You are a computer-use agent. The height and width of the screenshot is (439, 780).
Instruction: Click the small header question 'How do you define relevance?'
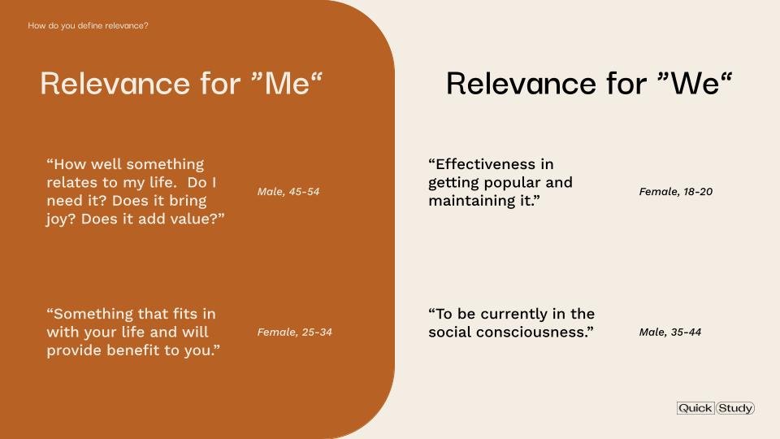pyautogui.click(x=88, y=25)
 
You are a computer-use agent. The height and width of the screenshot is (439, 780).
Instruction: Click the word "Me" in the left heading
pyautogui.click(x=288, y=83)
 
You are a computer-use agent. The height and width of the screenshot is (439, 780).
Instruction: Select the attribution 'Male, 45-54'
pyautogui.click(x=288, y=192)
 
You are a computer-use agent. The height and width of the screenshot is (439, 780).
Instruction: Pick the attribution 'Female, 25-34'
pyautogui.click(x=294, y=332)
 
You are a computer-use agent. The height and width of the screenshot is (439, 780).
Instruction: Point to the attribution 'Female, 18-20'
pyautogui.click(x=675, y=192)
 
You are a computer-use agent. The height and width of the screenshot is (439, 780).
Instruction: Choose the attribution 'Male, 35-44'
pyautogui.click(x=669, y=332)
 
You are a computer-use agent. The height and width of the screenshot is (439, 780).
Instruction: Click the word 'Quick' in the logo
pyautogui.click(x=695, y=408)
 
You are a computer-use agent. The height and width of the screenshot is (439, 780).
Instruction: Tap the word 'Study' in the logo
pyautogui.click(x=735, y=408)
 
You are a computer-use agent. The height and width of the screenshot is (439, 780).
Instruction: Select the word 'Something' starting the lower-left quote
pyautogui.click(x=93, y=314)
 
